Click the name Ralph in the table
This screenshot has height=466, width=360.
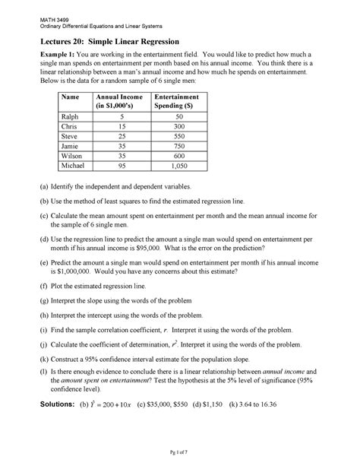click(70, 116)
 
